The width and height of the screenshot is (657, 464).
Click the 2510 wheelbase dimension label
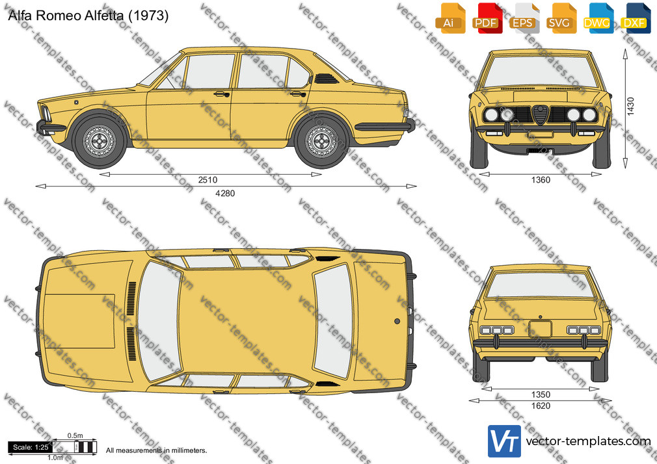(208, 180)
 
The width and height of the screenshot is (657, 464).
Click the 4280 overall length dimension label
(225, 194)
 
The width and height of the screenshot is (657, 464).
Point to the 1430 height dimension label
(630, 107)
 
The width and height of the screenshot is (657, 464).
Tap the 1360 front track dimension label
(541, 180)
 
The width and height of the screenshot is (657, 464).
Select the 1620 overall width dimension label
(541, 406)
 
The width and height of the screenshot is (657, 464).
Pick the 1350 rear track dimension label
(541, 394)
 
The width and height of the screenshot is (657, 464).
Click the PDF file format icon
(487, 18)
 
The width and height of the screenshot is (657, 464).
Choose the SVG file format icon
(561, 18)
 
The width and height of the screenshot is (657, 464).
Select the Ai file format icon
(450, 18)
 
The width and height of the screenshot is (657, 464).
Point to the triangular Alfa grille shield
(541, 115)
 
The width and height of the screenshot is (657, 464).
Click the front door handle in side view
(222, 94)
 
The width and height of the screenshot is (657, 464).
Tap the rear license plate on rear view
(540, 329)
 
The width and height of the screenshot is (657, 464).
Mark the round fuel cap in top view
(397, 321)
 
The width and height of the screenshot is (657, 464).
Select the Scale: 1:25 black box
(30, 447)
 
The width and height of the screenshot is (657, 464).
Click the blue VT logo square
(504, 441)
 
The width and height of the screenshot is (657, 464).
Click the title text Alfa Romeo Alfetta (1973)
(88, 16)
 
